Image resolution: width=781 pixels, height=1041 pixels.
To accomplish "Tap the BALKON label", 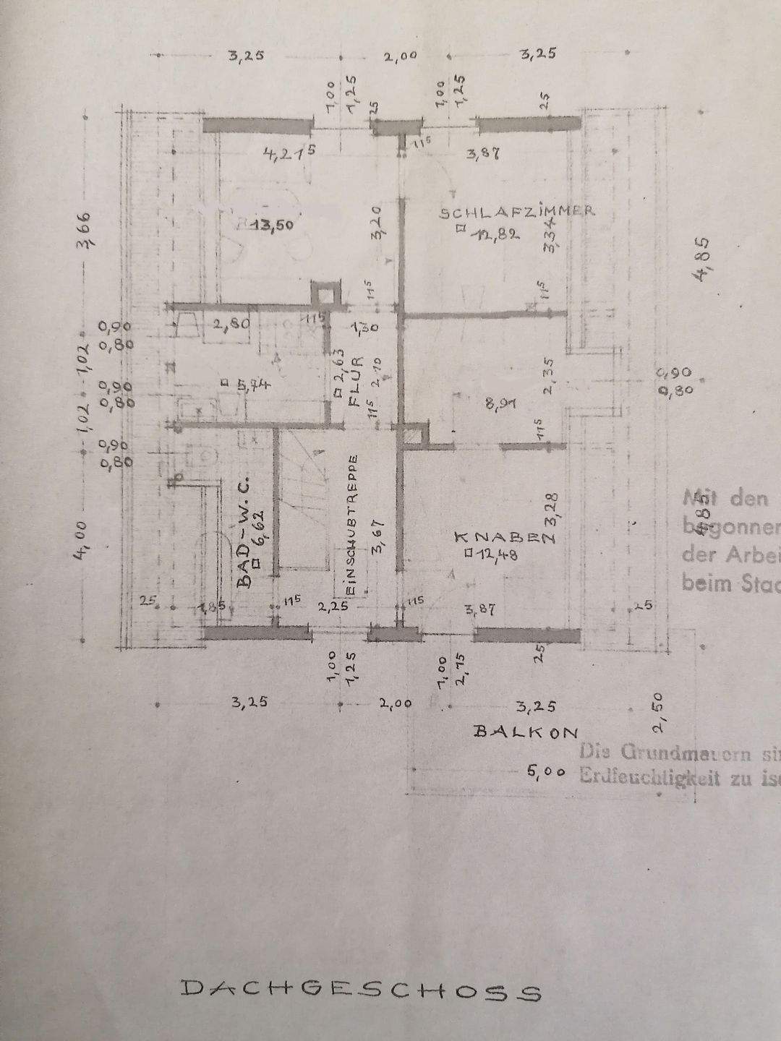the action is click(526, 732).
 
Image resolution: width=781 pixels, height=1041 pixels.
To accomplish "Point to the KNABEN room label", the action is click(504, 536).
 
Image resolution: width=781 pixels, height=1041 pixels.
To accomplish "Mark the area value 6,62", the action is click(258, 531).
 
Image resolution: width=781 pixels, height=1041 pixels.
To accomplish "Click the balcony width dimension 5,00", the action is click(546, 772).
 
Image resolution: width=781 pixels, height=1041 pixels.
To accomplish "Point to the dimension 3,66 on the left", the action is click(85, 230).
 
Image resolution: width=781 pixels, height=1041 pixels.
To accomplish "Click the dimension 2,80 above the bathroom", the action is click(231, 325).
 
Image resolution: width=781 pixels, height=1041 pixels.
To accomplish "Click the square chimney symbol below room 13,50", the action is click(323, 294).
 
